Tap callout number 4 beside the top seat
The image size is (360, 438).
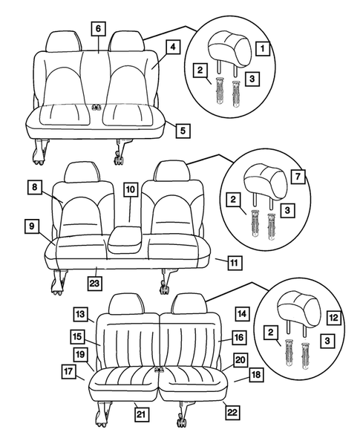tap(171, 47)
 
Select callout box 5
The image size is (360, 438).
tap(181, 131)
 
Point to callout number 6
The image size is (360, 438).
tap(98, 29)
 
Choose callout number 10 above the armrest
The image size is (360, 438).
tap(130, 190)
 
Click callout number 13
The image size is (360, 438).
tap(79, 313)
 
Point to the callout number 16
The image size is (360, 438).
tap(238, 337)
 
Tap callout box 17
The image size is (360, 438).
tap(68, 371)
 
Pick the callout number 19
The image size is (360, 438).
tap(79, 353)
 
